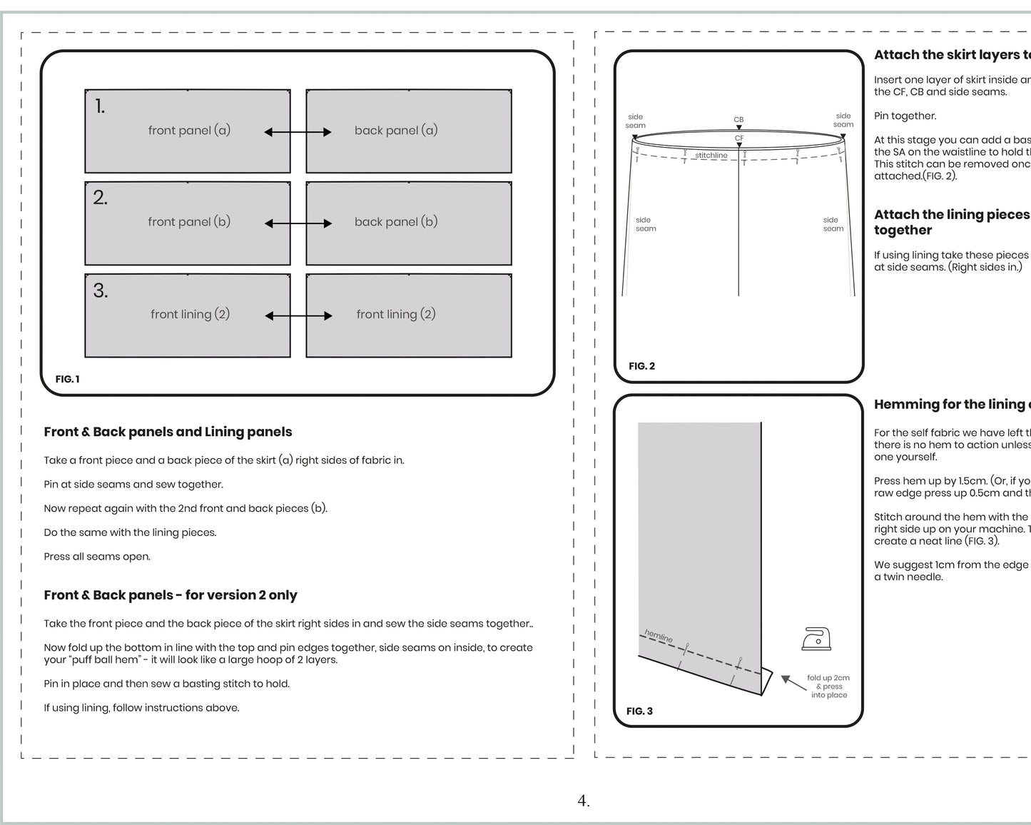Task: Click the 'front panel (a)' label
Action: coord(189,131)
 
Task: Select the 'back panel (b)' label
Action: coord(396,222)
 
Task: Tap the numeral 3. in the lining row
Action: coord(101,291)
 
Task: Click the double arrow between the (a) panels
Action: coord(298,132)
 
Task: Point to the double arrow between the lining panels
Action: coord(298,315)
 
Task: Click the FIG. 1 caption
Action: coord(68,379)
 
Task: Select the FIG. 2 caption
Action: coord(641,366)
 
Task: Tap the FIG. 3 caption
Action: coord(639,711)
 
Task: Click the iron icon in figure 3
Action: coord(816,639)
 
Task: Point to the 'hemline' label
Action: coord(659,635)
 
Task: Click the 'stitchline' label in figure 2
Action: coord(711,156)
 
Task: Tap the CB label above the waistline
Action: coord(738,120)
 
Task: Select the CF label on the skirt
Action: coord(739,138)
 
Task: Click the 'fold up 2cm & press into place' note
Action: coord(828,687)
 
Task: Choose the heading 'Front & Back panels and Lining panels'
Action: coord(168,432)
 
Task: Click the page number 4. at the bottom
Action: coord(584,801)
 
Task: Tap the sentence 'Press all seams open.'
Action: coord(97,557)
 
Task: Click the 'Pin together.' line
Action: coord(905,116)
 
